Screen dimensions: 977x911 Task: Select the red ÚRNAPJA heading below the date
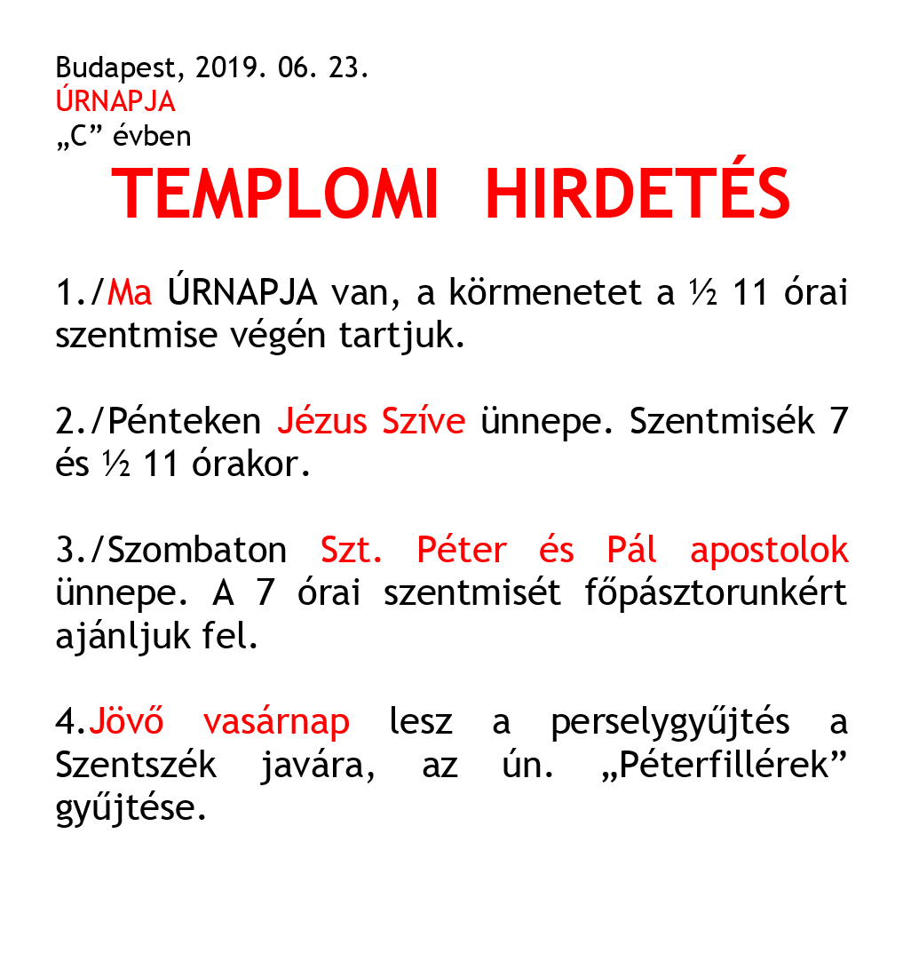[x=115, y=102]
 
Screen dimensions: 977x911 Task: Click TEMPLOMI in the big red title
[x=276, y=195]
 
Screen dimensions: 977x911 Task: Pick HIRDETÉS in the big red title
[x=638, y=195]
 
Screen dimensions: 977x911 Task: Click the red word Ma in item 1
[x=130, y=292]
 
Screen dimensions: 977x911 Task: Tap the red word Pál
[x=632, y=551]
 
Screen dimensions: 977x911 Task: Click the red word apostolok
[x=769, y=551]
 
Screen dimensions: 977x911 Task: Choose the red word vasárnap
[x=276, y=722]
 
